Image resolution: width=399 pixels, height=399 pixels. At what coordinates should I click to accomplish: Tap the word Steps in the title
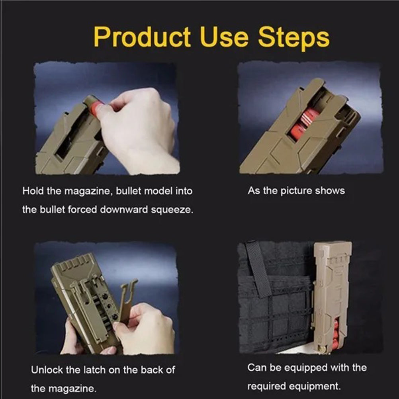(294, 38)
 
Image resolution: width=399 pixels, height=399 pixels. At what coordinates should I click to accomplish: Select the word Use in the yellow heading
(224, 37)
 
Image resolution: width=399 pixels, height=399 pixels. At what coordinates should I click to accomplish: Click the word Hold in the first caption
(33, 191)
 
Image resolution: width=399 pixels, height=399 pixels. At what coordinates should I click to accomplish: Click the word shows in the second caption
(330, 191)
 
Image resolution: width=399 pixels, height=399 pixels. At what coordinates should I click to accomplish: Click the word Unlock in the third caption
(47, 370)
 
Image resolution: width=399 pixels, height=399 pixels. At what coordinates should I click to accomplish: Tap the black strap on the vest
(258, 269)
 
